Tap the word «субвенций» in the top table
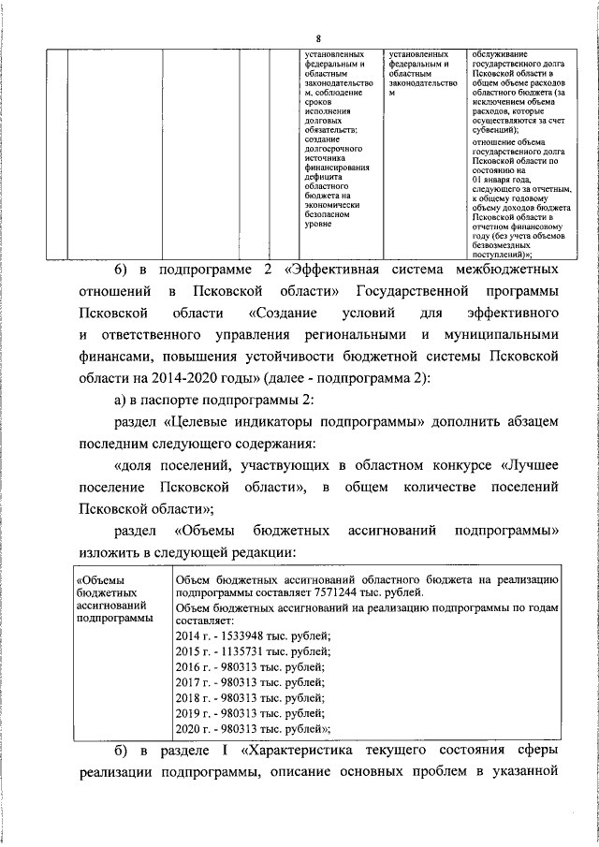click(x=496, y=130)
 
